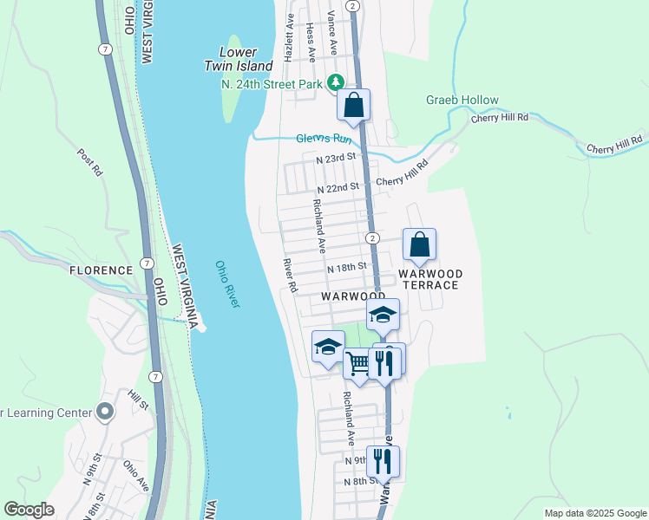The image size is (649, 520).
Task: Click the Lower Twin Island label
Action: [239, 59]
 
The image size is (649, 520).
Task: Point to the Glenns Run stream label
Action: [324, 139]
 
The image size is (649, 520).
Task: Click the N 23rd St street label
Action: [337, 159]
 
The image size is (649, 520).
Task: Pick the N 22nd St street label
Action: [338, 188]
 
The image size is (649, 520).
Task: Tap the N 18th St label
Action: [348, 268]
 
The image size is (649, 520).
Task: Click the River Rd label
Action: [290, 275]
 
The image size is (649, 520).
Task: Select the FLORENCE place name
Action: [102, 270]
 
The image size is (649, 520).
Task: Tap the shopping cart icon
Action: [357, 362]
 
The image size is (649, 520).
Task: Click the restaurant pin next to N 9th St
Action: [383, 460]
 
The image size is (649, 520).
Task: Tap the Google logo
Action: [29, 510]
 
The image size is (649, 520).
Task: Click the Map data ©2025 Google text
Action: [594, 513]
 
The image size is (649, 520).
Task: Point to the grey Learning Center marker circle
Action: [106, 412]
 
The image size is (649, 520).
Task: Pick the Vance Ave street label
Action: [331, 29]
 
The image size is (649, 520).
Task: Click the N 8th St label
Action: [360, 481]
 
